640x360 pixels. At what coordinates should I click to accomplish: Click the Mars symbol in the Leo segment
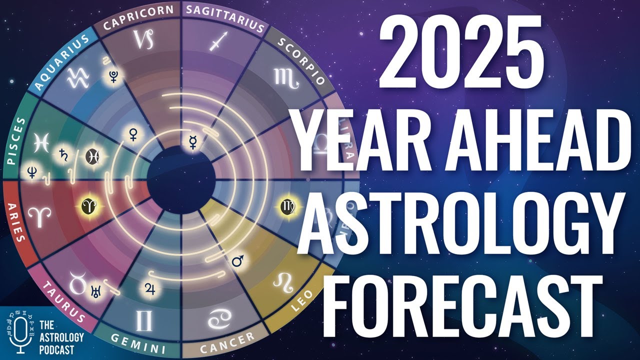tap(238, 260)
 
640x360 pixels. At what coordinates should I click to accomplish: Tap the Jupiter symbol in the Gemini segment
tap(149, 287)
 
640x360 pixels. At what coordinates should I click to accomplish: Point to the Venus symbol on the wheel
tap(133, 133)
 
